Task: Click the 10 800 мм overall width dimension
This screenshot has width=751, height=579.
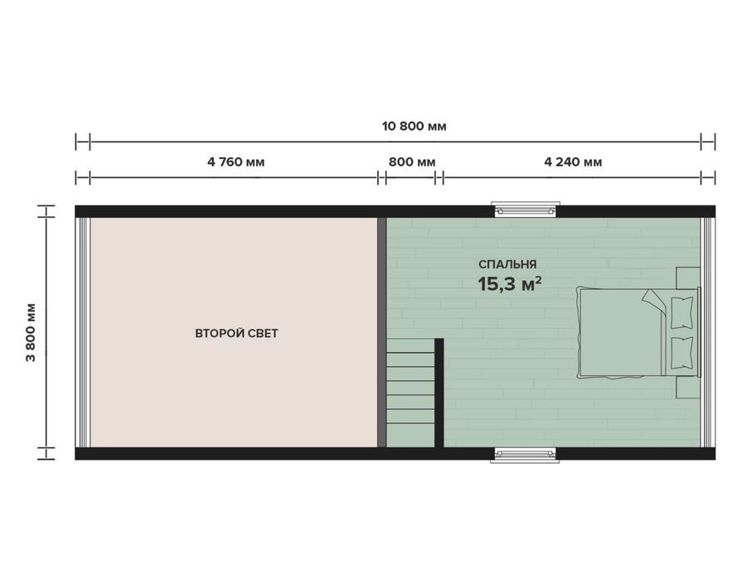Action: click(414, 127)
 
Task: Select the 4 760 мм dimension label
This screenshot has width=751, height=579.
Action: click(235, 162)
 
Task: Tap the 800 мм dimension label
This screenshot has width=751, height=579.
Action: click(412, 162)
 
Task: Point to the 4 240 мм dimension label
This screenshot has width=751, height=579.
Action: click(573, 162)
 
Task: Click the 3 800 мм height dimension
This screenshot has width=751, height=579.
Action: click(31, 332)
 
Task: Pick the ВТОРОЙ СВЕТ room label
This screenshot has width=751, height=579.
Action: click(236, 334)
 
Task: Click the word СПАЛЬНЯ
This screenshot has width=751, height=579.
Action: click(507, 264)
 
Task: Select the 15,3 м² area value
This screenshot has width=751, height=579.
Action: click(510, 284)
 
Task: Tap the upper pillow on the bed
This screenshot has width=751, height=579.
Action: click(681, 313)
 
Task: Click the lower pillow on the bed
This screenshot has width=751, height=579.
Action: click(681, 354)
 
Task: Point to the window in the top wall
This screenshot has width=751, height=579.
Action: click(526, 210)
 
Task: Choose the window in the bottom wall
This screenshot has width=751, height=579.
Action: click(526, 455)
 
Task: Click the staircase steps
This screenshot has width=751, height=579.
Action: click(410, 393)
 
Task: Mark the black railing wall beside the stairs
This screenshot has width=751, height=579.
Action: click(438, 393)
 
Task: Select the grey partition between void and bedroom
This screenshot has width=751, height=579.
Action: click(382, 332)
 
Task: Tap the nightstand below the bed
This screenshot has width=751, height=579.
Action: click(688, 387)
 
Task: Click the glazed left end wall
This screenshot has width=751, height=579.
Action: click(84, 332)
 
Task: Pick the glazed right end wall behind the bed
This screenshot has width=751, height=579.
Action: click(708, 332)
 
